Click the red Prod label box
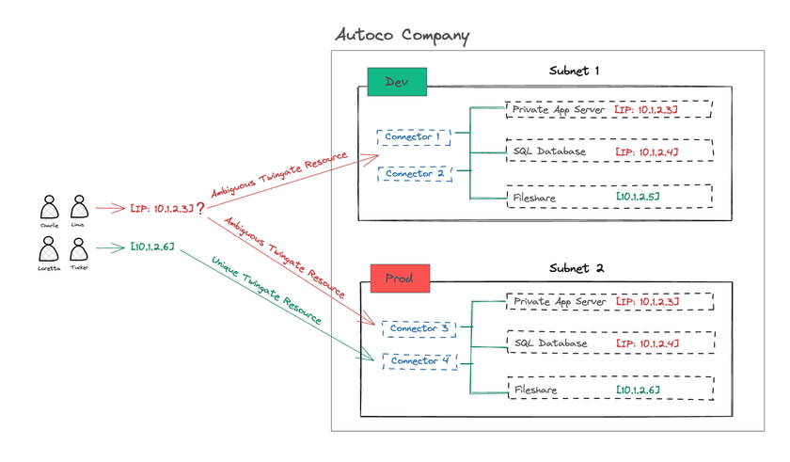400,278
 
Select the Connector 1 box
412,137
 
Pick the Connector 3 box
419,328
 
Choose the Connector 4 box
419,360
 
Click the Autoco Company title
403,37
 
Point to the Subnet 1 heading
574,71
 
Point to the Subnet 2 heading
577,267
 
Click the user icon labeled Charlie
50,208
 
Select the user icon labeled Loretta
50,249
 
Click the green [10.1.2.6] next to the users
151,247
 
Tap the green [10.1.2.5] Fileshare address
637,196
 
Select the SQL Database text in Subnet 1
550,151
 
